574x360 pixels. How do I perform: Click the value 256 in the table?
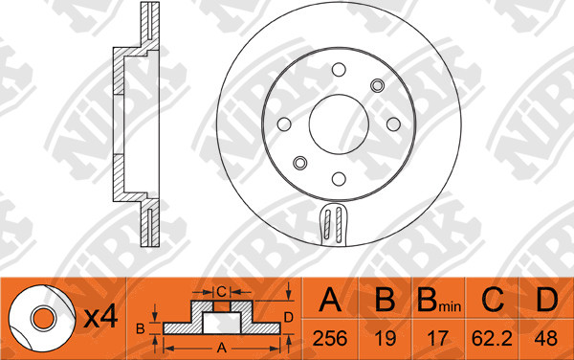tap(330, 338)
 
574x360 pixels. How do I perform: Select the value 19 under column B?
tap(386, 338)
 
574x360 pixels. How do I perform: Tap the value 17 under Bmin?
tap(438, 338)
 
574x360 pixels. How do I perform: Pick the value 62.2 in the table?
tap(492, 338)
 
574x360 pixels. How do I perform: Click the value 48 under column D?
tap(546, 338)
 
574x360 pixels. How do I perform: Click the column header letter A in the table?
tap(330, 299)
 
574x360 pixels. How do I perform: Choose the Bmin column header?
tap(439, 300)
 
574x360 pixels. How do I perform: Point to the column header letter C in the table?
tap(493, 299)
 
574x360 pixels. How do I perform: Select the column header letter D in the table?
tap(546, 299)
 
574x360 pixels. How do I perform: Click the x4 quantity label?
tap(100, 316)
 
